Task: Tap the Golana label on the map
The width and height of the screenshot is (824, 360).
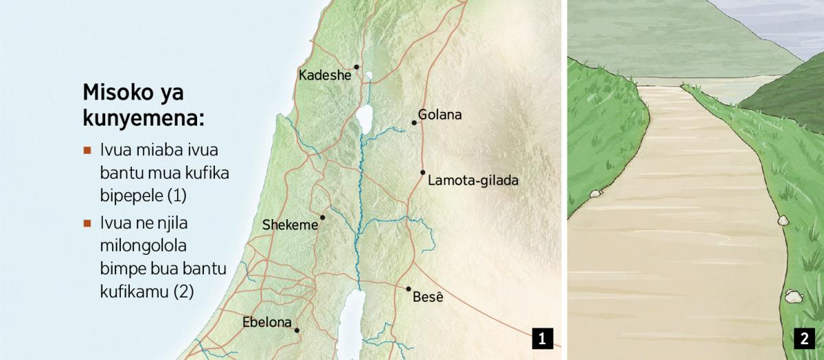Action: coord(439,115)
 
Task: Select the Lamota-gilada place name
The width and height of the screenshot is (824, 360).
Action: coord(472,181)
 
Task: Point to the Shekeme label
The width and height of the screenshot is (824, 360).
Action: coord(290,225)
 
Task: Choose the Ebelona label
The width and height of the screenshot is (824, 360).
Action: coord(267,322)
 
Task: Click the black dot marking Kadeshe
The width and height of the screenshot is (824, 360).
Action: coord(356,67)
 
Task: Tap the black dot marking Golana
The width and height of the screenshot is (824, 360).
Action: coord(414,123)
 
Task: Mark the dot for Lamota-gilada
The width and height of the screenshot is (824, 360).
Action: coord(423,172)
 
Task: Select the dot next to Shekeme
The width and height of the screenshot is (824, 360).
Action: coord(322,217)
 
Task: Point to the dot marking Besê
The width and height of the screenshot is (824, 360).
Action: coord(409,289)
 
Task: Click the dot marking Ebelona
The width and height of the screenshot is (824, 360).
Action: coord(297,330)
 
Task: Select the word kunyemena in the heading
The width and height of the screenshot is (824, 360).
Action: coord(144,117)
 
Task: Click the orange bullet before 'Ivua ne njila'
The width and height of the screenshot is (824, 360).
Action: coord(87,223)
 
